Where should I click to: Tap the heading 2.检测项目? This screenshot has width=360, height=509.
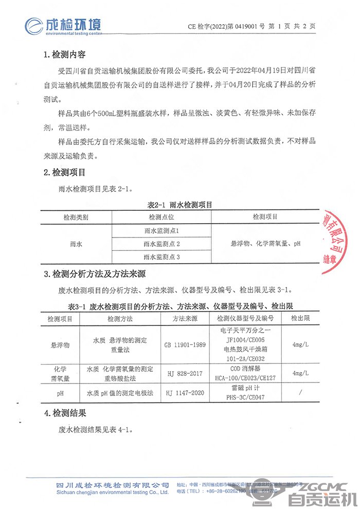click(x=65, y=171)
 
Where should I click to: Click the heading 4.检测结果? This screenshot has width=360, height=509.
click(x=65, y=412)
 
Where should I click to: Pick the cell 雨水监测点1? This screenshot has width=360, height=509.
click(x=161, y=231)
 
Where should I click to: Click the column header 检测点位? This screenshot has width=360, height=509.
click(x=161, y=217)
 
